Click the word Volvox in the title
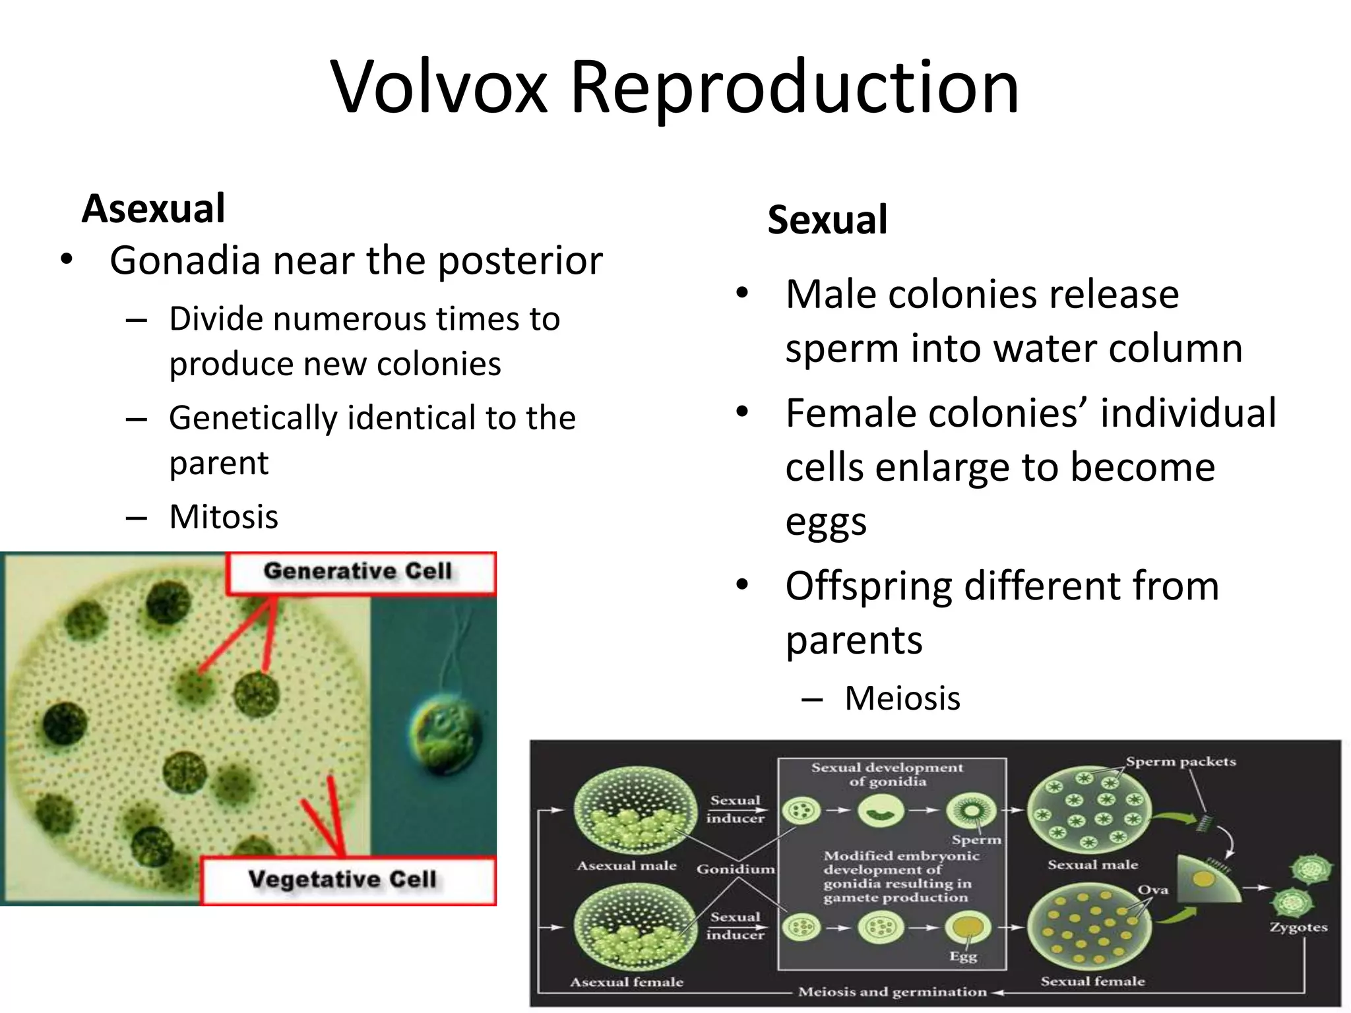(x=439, y=87)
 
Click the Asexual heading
(x=153, y=208)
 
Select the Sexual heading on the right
(x=827, y=220)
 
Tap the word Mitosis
(x=224, y=516)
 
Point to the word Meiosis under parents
(x=902, y=698)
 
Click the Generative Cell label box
(x=360, y=572)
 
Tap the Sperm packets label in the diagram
(x=1180, y=761)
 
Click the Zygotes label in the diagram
(x=1298, y=927)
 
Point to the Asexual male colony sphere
(x=635, y=810)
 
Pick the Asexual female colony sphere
(x=635, y=927)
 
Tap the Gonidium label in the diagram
(x=735, y=869)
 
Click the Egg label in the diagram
(x=962, y=956)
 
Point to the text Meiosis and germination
(x=892, y=992)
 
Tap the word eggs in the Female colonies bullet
(x=825, y=522)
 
